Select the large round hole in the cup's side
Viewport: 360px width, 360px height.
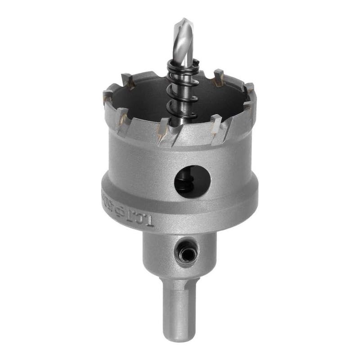pyautogui.click(x=192, y=182)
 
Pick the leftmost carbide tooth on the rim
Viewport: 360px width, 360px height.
pyautogui.click(x=108, y=95)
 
